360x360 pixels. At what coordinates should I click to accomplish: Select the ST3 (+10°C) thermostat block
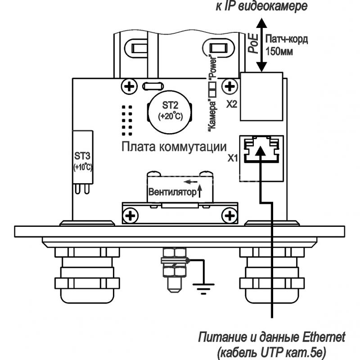click(83, 157)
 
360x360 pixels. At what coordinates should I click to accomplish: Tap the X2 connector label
click(232, 105)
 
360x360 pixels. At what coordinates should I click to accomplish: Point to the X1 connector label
click(232, 158)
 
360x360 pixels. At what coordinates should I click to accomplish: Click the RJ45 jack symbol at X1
click(261, 150)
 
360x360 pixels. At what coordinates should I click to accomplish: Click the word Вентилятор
click(172, 192)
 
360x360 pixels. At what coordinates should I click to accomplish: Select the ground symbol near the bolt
click(203, 288)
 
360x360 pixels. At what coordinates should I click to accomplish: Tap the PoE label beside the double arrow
click(253, 44)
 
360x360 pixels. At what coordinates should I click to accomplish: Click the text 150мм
click(279, 51)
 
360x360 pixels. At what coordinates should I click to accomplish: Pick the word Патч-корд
click(287, 40)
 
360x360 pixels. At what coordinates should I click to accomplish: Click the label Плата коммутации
click(174, 147)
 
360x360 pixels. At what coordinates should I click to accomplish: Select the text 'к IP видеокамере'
click(261, 6)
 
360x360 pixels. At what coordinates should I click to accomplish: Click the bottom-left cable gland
click(87, 275)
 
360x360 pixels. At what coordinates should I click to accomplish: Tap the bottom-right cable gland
click(272, 275)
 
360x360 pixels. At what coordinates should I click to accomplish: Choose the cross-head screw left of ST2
click(129, 86)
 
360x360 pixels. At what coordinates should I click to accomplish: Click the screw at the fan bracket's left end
click(130, 216)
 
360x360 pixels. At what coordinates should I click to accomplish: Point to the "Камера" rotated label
click(212, 115)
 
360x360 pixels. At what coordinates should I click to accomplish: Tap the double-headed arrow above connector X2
click(261, 45)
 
